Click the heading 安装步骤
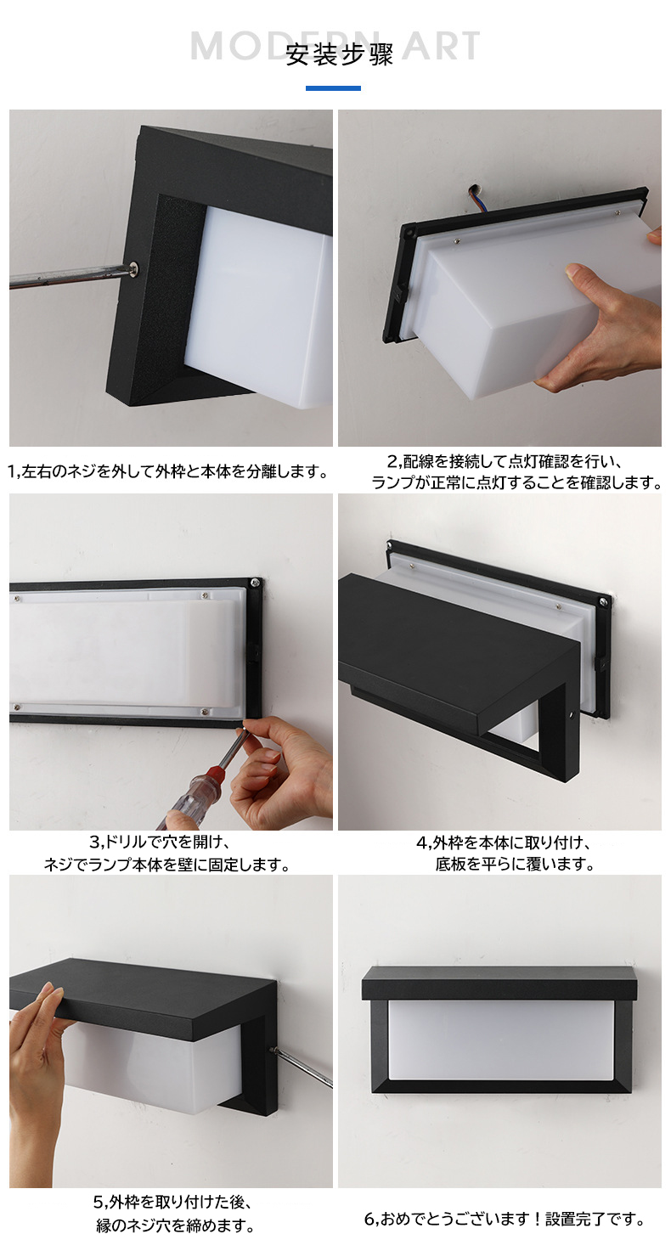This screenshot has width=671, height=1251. click(x=339, y=55)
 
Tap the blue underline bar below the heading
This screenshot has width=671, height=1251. click(x=333, y=87)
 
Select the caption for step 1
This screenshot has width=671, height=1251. click(x=168, y=471)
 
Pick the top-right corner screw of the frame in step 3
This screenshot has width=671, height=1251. click(x=254, y=583)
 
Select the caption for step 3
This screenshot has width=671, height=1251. click(x=166, y=854)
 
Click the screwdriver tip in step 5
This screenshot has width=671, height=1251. click(x=273, y=1051)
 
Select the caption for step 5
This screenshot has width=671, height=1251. click(x=173, y=1214)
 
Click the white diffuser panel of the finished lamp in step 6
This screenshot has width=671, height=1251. click(x=500, y=1040)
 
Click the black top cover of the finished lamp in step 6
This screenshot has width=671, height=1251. click(x=499, y=984)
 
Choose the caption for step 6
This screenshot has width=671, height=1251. click(x=504, y=1220)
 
